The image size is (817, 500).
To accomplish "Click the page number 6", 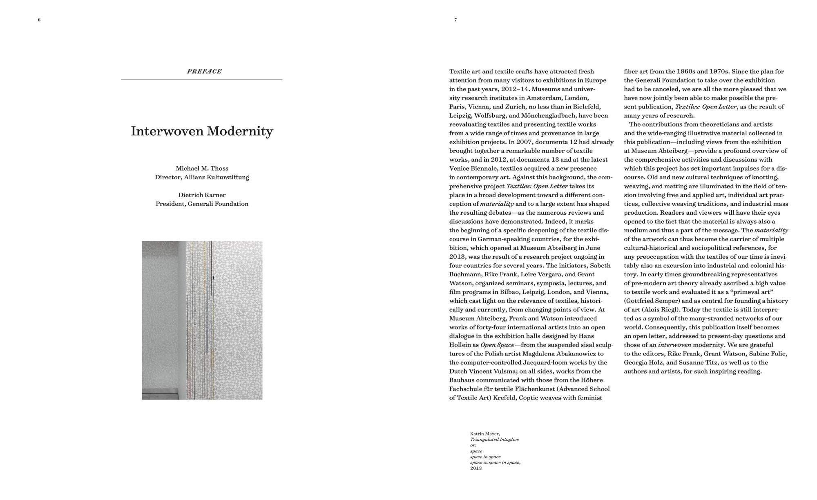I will point(39,20).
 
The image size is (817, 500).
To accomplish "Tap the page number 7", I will point(455,20).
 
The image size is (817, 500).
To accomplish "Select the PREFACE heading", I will point(204,71).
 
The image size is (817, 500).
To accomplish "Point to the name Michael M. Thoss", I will point(202,168).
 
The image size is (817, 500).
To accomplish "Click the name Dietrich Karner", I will point(202,195).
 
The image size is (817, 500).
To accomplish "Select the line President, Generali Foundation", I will point(202,204).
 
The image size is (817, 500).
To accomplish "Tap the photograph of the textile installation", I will point(202,320).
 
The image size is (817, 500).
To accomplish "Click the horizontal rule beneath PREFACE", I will point(201,79).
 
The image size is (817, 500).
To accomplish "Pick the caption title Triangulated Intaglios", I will point(494,440).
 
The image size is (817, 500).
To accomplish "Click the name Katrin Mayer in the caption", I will point(485,434).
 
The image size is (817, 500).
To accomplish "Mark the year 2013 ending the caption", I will point(476,468).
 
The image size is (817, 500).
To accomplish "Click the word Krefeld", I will point(504,398).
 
